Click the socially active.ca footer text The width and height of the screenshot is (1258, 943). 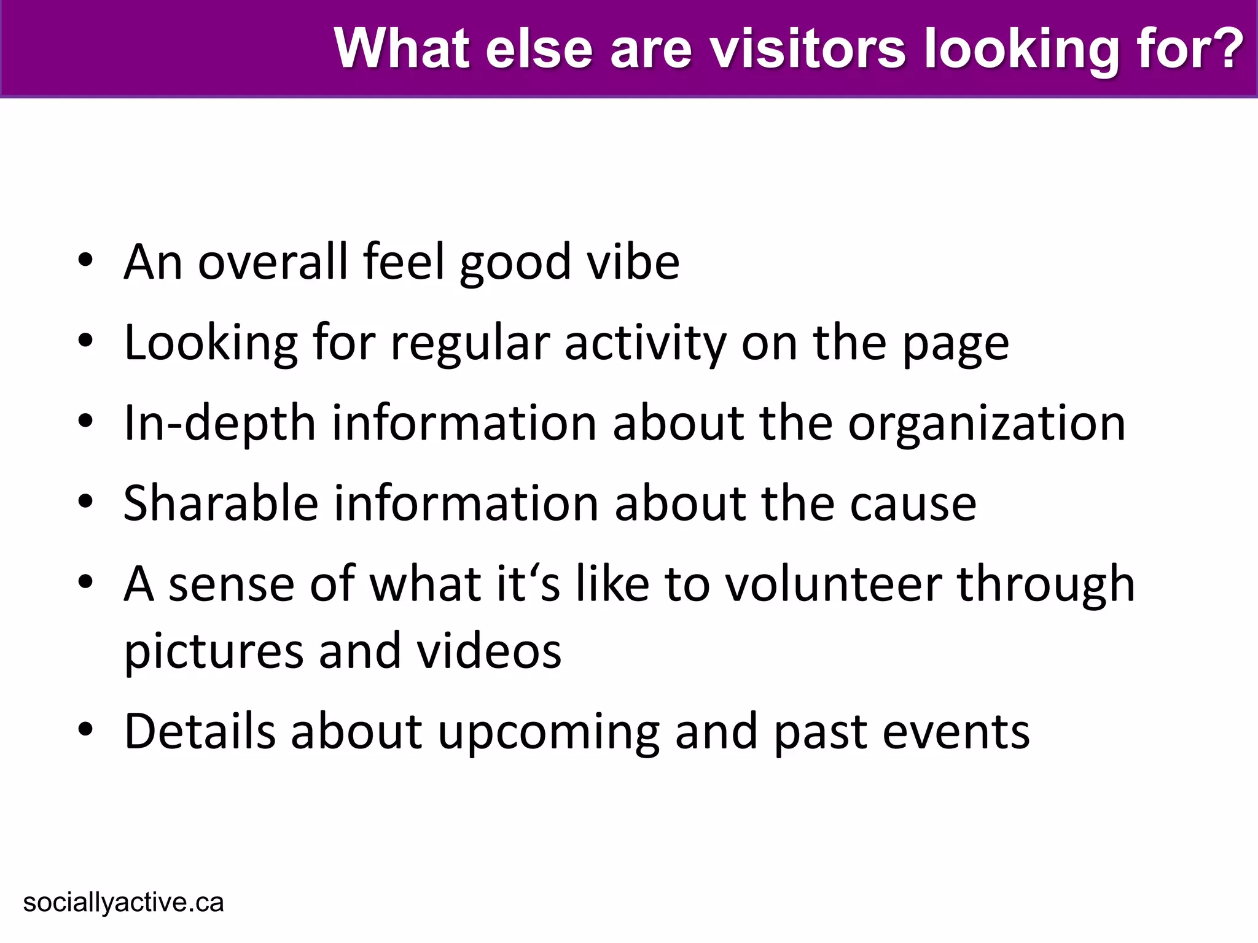point(123,902)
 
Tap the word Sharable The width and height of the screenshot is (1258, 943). point(221,503)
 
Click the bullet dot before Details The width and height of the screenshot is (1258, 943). point(86,730)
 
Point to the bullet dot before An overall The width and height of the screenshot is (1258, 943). point(86,260)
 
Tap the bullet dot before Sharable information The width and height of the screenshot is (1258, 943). point(86,502)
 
